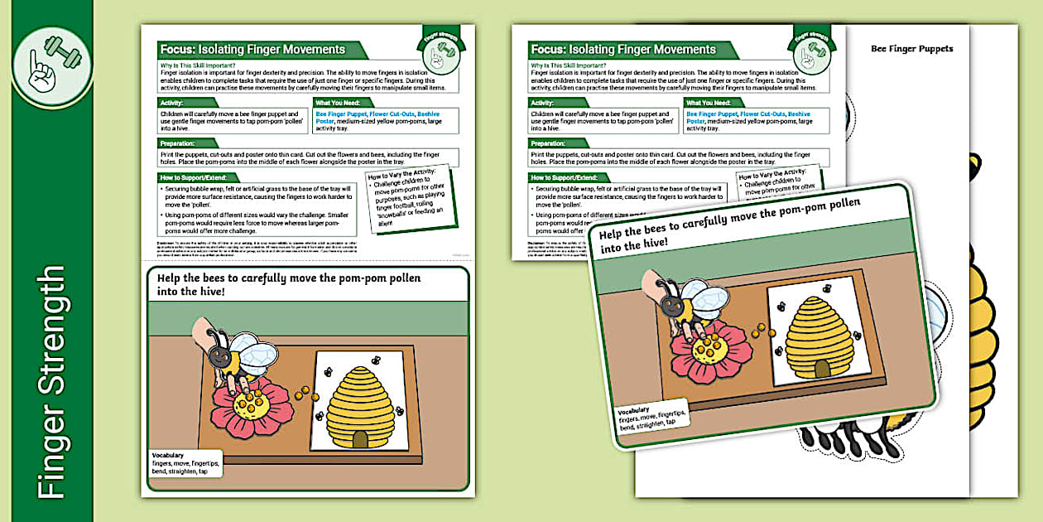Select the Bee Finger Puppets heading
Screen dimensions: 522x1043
pyautogui.click(x=911, y=49)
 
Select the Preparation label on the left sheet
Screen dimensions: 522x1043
pyautogui.click(x=177, y=143)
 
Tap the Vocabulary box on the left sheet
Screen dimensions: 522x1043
pyautogui.click(x=185, y=463)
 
